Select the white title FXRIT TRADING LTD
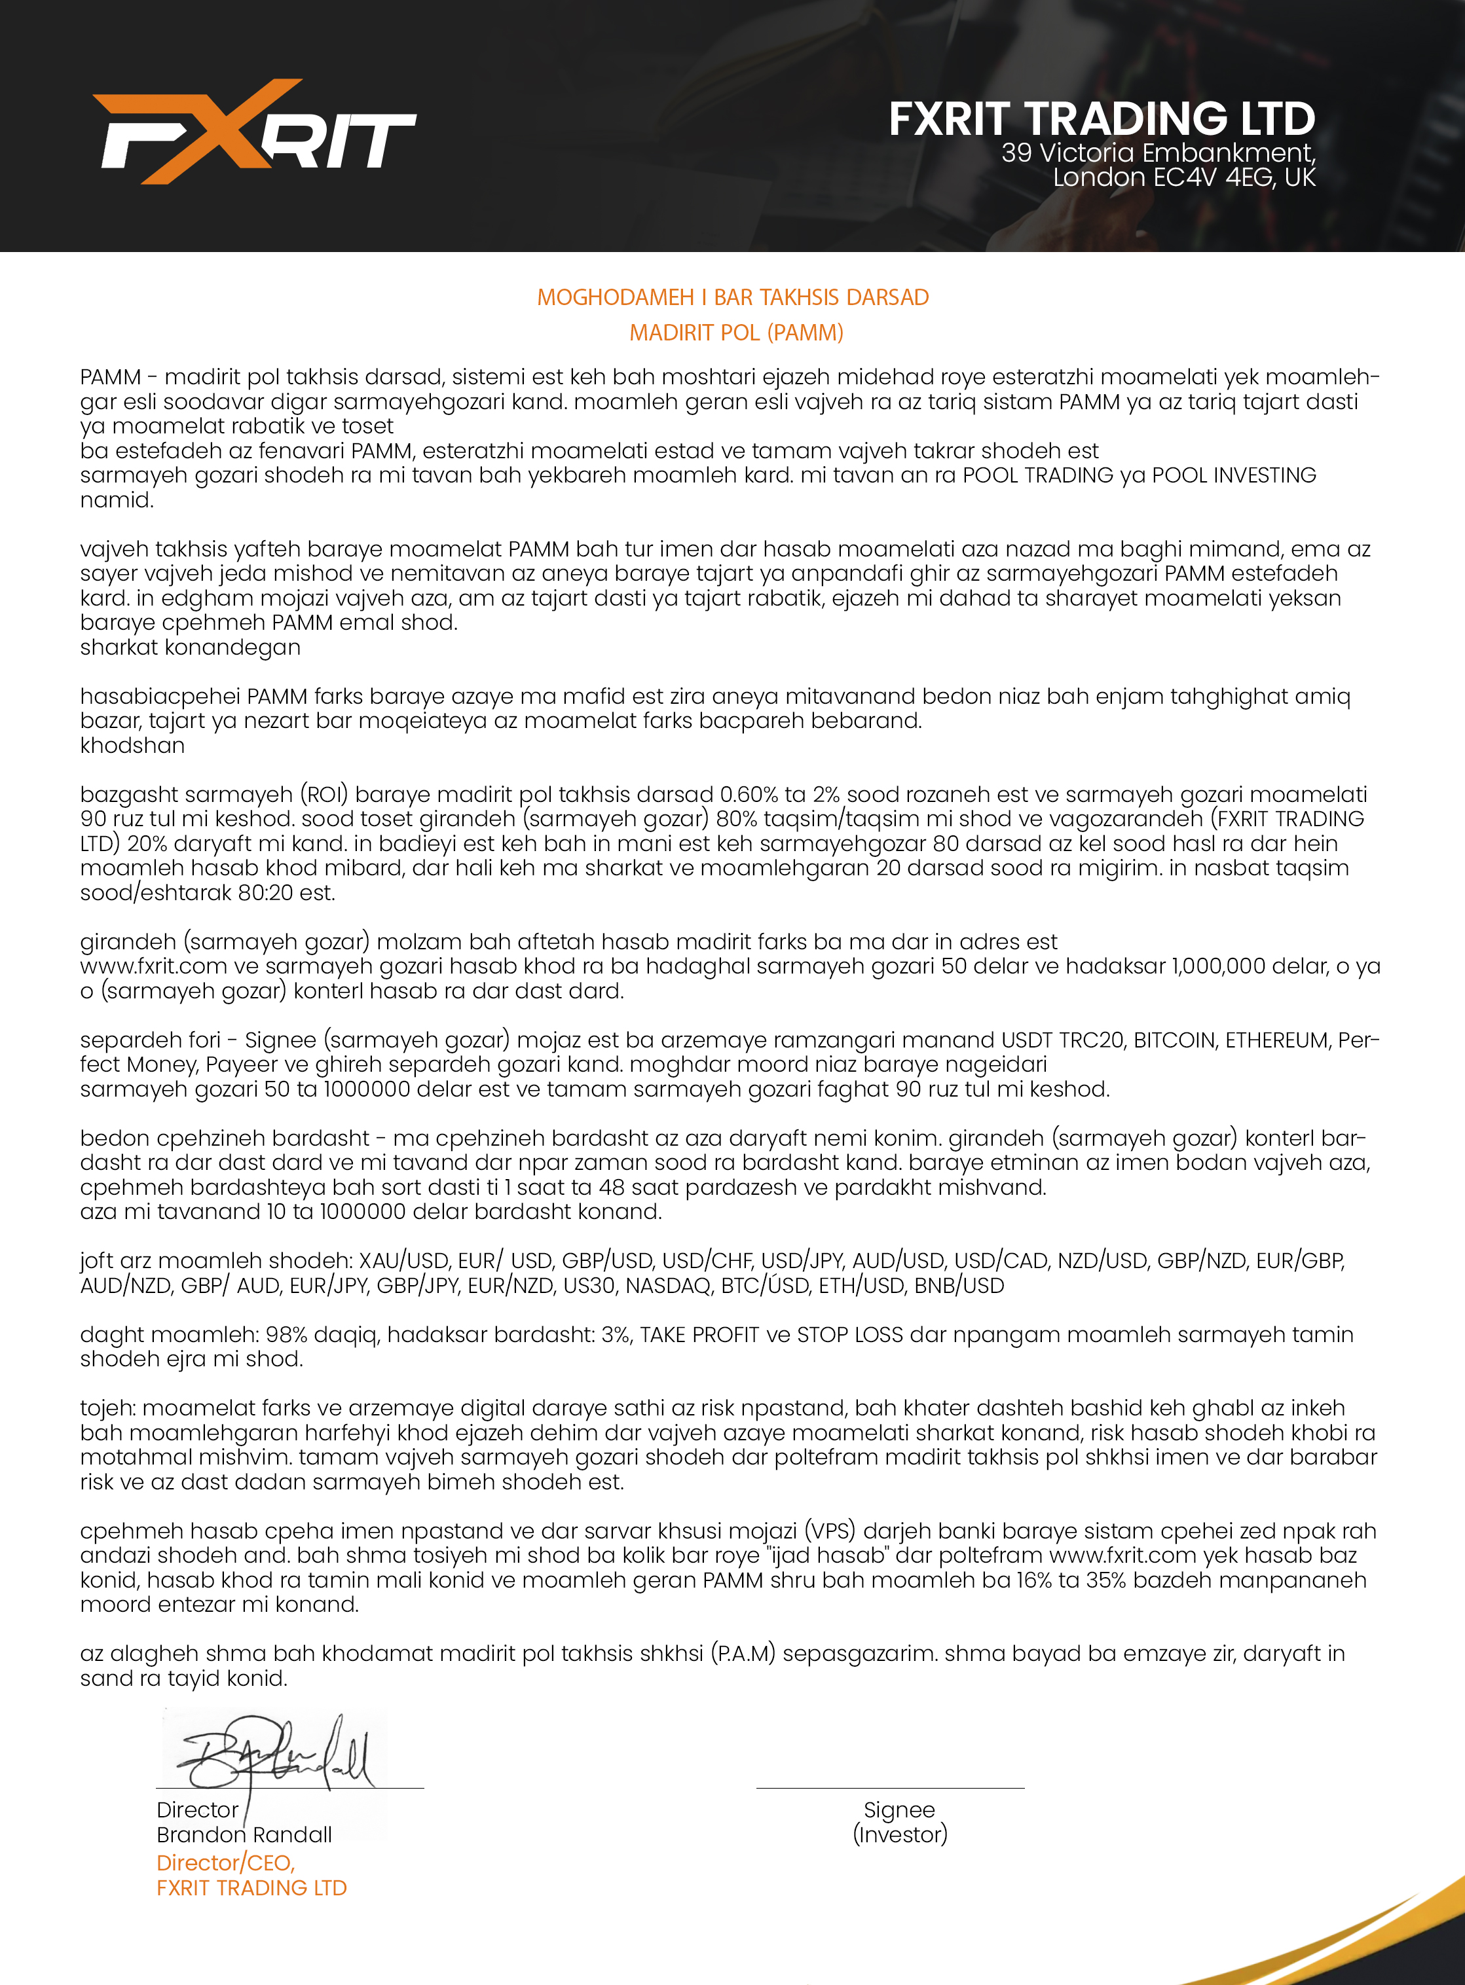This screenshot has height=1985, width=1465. (1102, 118)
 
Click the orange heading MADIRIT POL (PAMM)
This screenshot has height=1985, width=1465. (736, 333)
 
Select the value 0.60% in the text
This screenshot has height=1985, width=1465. (749, 794)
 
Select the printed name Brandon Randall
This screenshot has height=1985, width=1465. (244, 1834)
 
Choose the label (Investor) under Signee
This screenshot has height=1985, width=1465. (899, 1834)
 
